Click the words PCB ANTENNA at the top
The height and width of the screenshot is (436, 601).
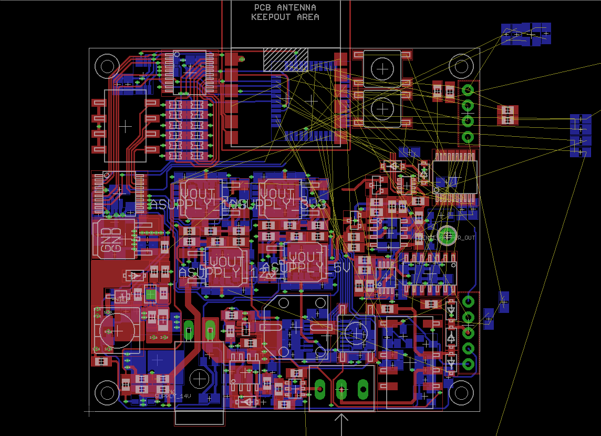coord(285,7)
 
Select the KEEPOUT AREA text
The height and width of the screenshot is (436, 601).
coord(285,17)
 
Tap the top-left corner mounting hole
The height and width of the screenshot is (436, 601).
coord(107,66)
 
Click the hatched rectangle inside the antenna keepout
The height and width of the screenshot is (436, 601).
coord(285,59)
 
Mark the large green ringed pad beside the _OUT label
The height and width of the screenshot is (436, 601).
coord(447,235)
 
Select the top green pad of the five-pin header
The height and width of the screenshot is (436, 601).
coord(468,302)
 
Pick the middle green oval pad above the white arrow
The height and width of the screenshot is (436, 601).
coord(341,389)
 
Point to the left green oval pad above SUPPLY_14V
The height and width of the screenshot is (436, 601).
coord(189,330)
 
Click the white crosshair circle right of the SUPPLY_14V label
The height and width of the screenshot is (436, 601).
coord(199,379)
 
